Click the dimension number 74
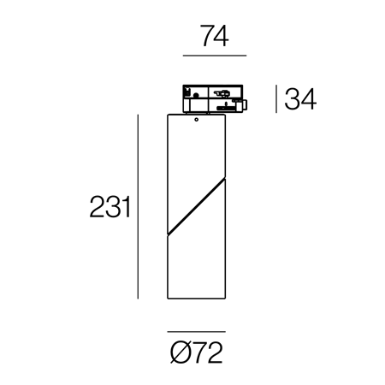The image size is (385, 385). [215, 36]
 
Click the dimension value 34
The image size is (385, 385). [300, 99]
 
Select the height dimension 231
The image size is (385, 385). [110, 206]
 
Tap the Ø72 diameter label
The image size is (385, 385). [197, 352]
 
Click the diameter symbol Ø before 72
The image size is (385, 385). [179, 352]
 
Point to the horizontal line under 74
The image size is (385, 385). [215, 56]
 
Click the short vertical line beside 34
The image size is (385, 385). [276, 99]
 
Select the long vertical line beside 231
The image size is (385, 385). [138, 207]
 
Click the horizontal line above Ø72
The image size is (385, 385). [197, 332]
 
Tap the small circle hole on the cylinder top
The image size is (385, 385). [196, 120]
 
